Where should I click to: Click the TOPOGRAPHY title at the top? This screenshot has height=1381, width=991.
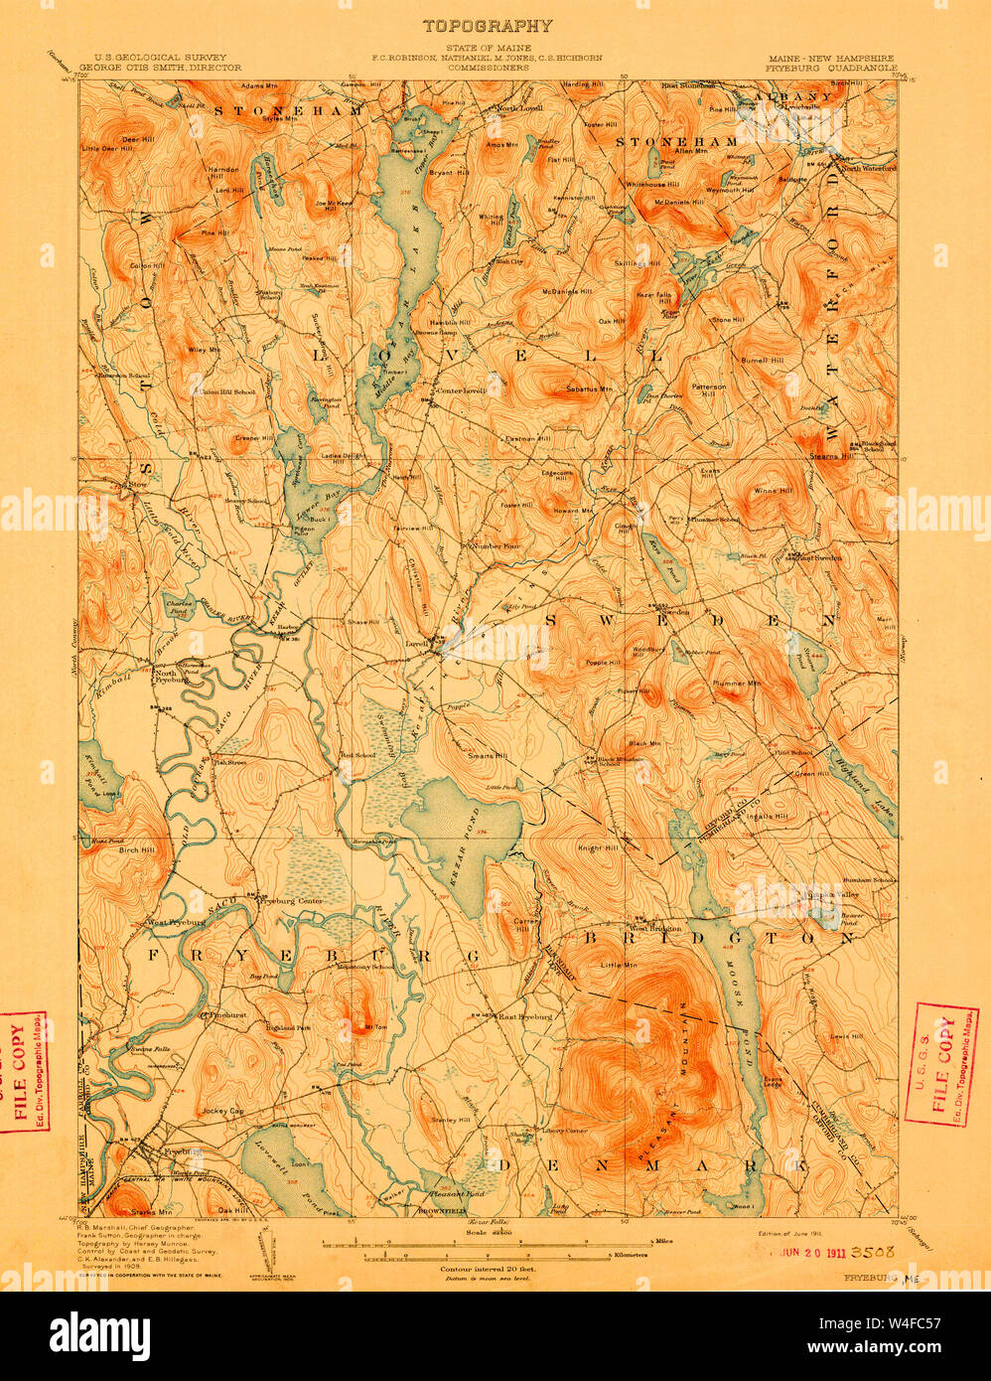[488, 26]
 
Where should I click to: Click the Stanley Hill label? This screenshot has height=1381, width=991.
[451, 1120]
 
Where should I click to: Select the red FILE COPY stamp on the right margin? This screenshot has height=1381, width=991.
[944, 1062]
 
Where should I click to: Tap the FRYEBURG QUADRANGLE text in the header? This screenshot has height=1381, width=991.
[831, 69]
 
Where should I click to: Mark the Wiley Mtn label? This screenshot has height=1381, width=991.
[207, 350]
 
